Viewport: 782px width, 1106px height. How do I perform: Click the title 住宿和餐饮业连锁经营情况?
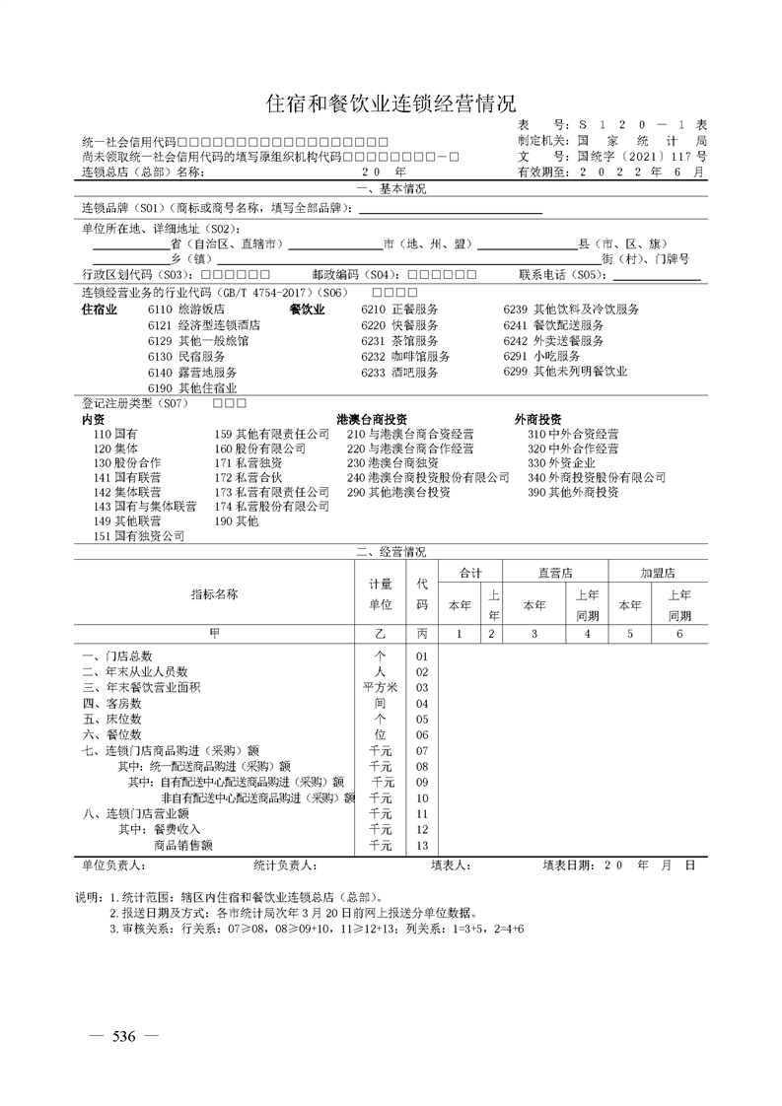(391, 104)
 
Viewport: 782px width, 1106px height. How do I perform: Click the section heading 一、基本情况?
(391, 189)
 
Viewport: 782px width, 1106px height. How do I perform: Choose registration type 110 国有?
(114, 434)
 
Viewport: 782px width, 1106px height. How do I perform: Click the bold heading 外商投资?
(538, 418)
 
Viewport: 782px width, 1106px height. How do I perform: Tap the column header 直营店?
(557, 573)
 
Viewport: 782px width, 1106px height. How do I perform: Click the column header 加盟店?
(658, 573)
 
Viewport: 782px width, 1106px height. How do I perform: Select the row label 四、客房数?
(112, 704)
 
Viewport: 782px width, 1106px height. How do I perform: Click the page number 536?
(123, 1036)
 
